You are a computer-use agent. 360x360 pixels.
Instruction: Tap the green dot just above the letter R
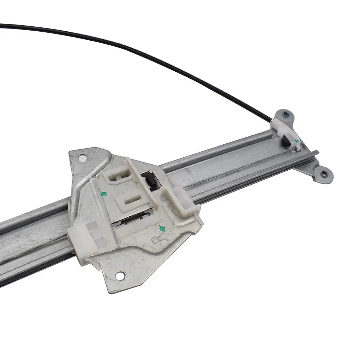click(x=162, y=228)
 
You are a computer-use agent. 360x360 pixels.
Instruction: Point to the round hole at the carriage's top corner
click(x=81, y=158)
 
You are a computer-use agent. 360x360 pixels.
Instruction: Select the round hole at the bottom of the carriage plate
click(x=120, y=275)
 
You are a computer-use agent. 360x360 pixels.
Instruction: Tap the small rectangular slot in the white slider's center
click(x=132, y=199)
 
